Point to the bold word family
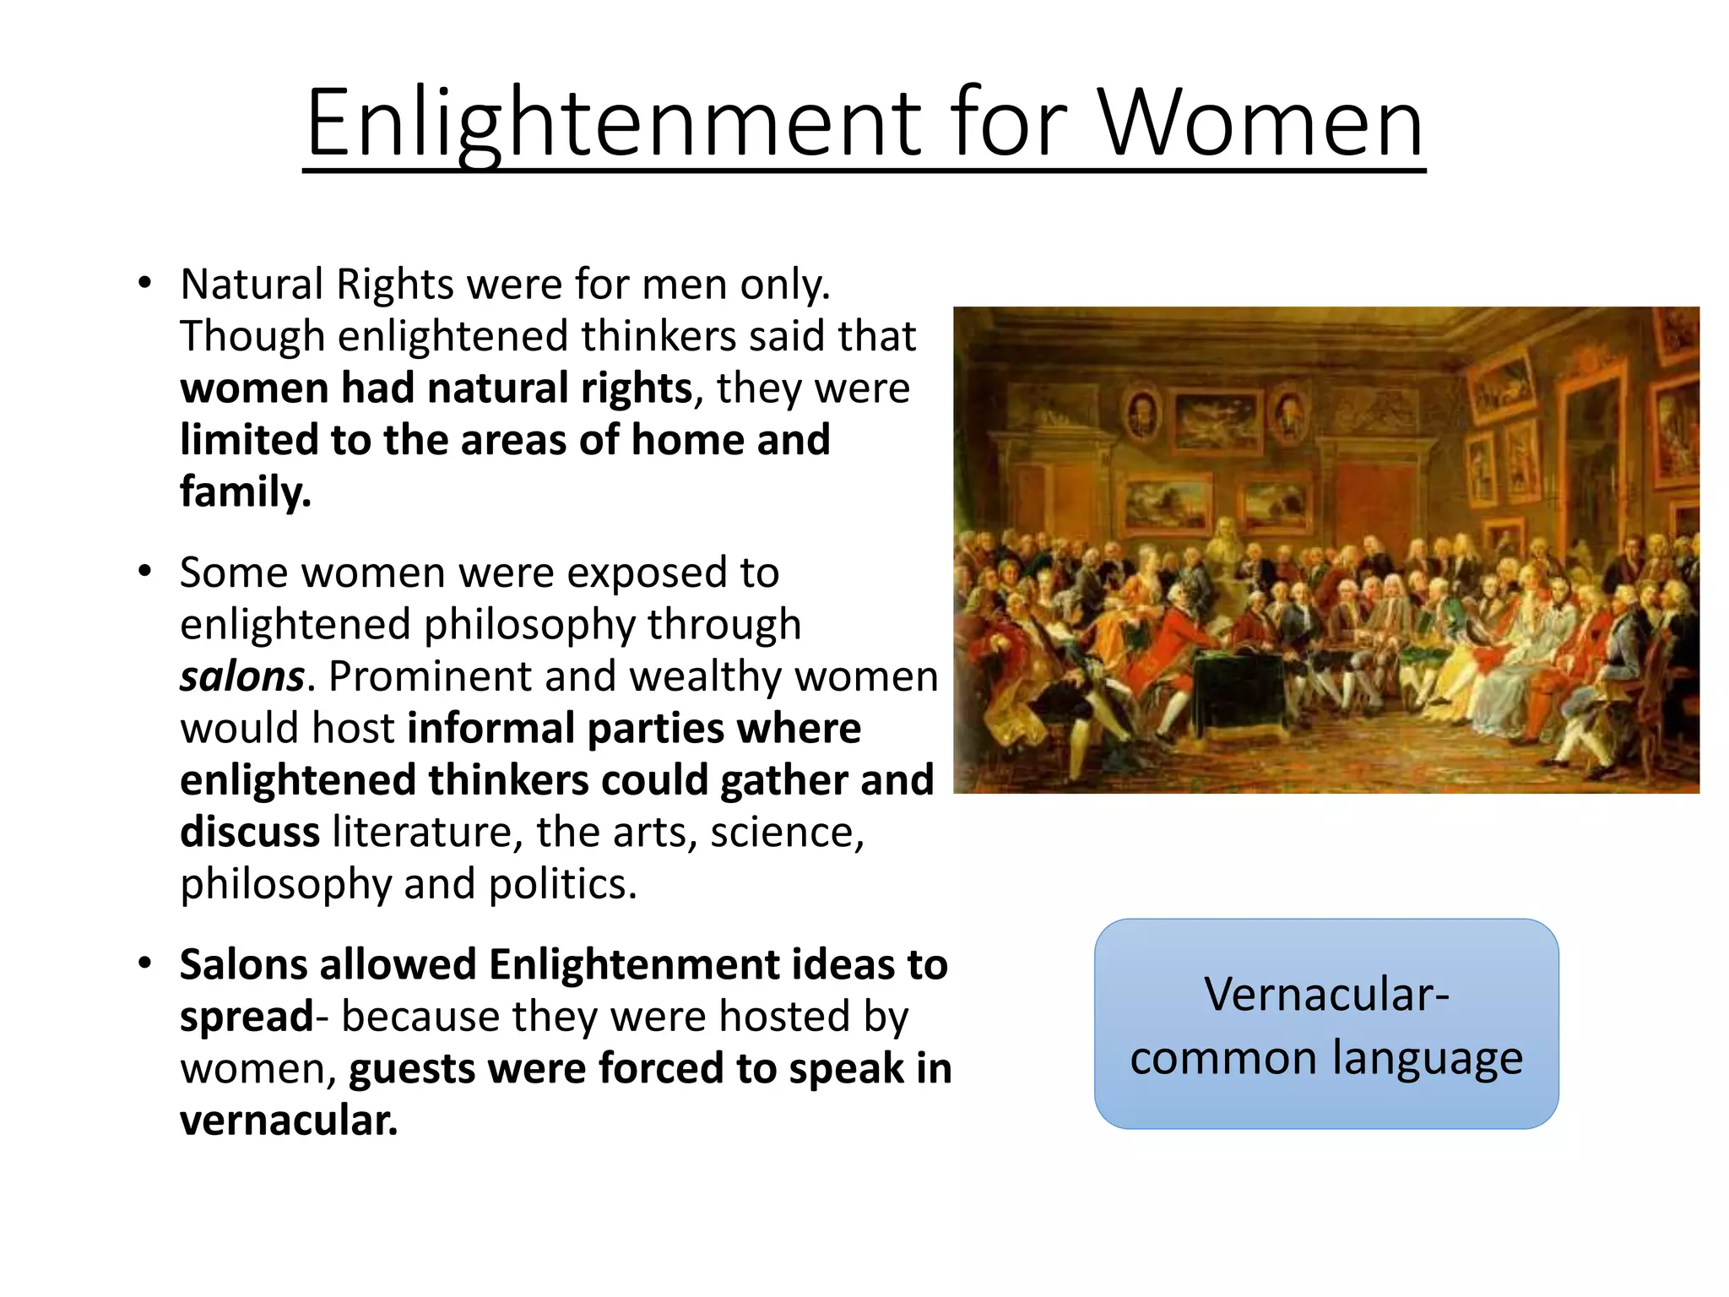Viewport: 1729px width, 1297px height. click(245, 492)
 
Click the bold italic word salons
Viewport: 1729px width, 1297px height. click(241, 677)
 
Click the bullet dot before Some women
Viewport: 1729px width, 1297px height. click(145, 572)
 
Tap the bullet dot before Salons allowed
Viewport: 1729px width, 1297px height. click(145, 963)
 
